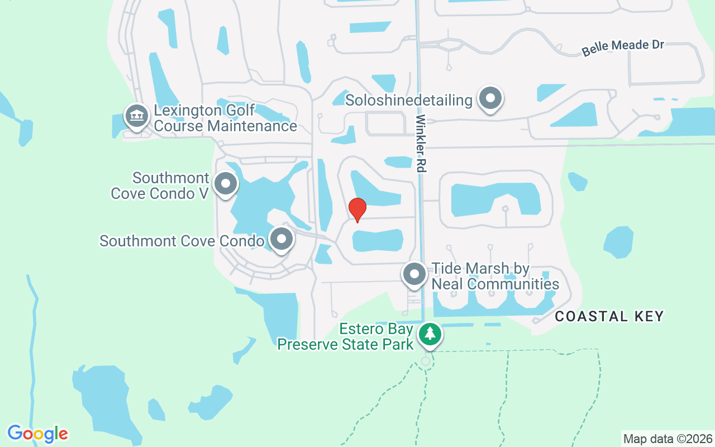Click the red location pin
(357, 210)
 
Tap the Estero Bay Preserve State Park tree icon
(430, 334)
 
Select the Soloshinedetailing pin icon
(490, 98)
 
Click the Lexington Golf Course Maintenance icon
(136, 116)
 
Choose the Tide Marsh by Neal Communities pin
(414, 274)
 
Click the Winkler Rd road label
(421, 143)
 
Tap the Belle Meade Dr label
(623, 47)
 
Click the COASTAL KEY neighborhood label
(609, 316)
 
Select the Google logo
(37, 433)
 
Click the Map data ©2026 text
(668, 439)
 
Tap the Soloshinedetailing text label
(409, 101)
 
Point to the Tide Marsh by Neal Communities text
(495, 277)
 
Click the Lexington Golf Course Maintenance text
(225, 118)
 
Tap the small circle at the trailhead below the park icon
(426, 362)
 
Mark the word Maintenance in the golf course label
(252, 126)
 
